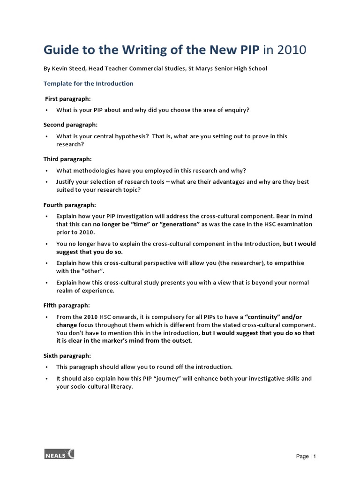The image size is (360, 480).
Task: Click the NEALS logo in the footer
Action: point(59,454)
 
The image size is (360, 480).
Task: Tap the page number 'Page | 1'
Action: point(306,457)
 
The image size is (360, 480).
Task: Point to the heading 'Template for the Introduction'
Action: point(88,83)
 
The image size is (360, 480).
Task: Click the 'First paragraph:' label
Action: point(67,99)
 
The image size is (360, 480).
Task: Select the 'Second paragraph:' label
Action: point(70,125)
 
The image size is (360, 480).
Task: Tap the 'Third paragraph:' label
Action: point(67,159)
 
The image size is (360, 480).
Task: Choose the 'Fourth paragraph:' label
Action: point(69,205)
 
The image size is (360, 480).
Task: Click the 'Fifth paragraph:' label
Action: point(67,305)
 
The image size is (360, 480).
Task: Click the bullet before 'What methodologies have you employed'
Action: point(47,171)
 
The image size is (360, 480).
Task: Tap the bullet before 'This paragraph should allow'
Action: point(47,367)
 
